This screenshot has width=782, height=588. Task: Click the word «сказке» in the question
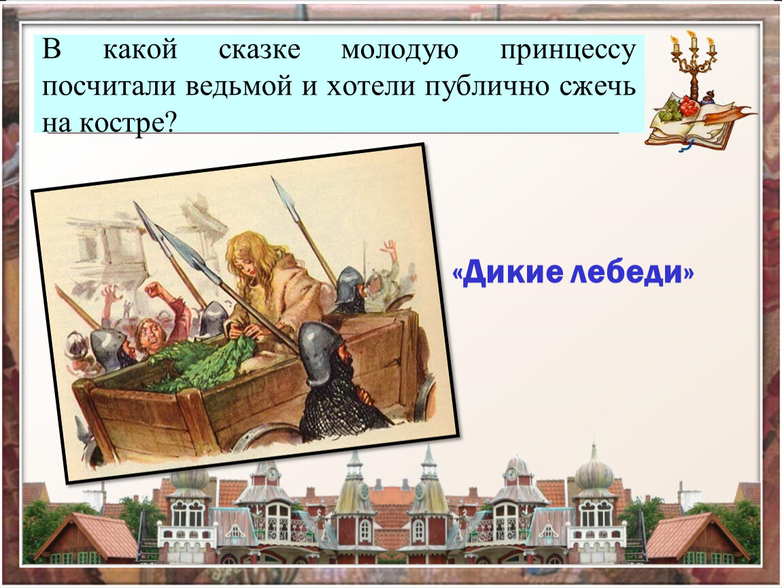260,50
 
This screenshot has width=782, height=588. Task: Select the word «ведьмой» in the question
239,86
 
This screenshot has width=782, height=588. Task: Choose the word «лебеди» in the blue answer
632,273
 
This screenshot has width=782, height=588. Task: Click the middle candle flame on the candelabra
692,35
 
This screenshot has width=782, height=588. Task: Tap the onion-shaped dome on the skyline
594,471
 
